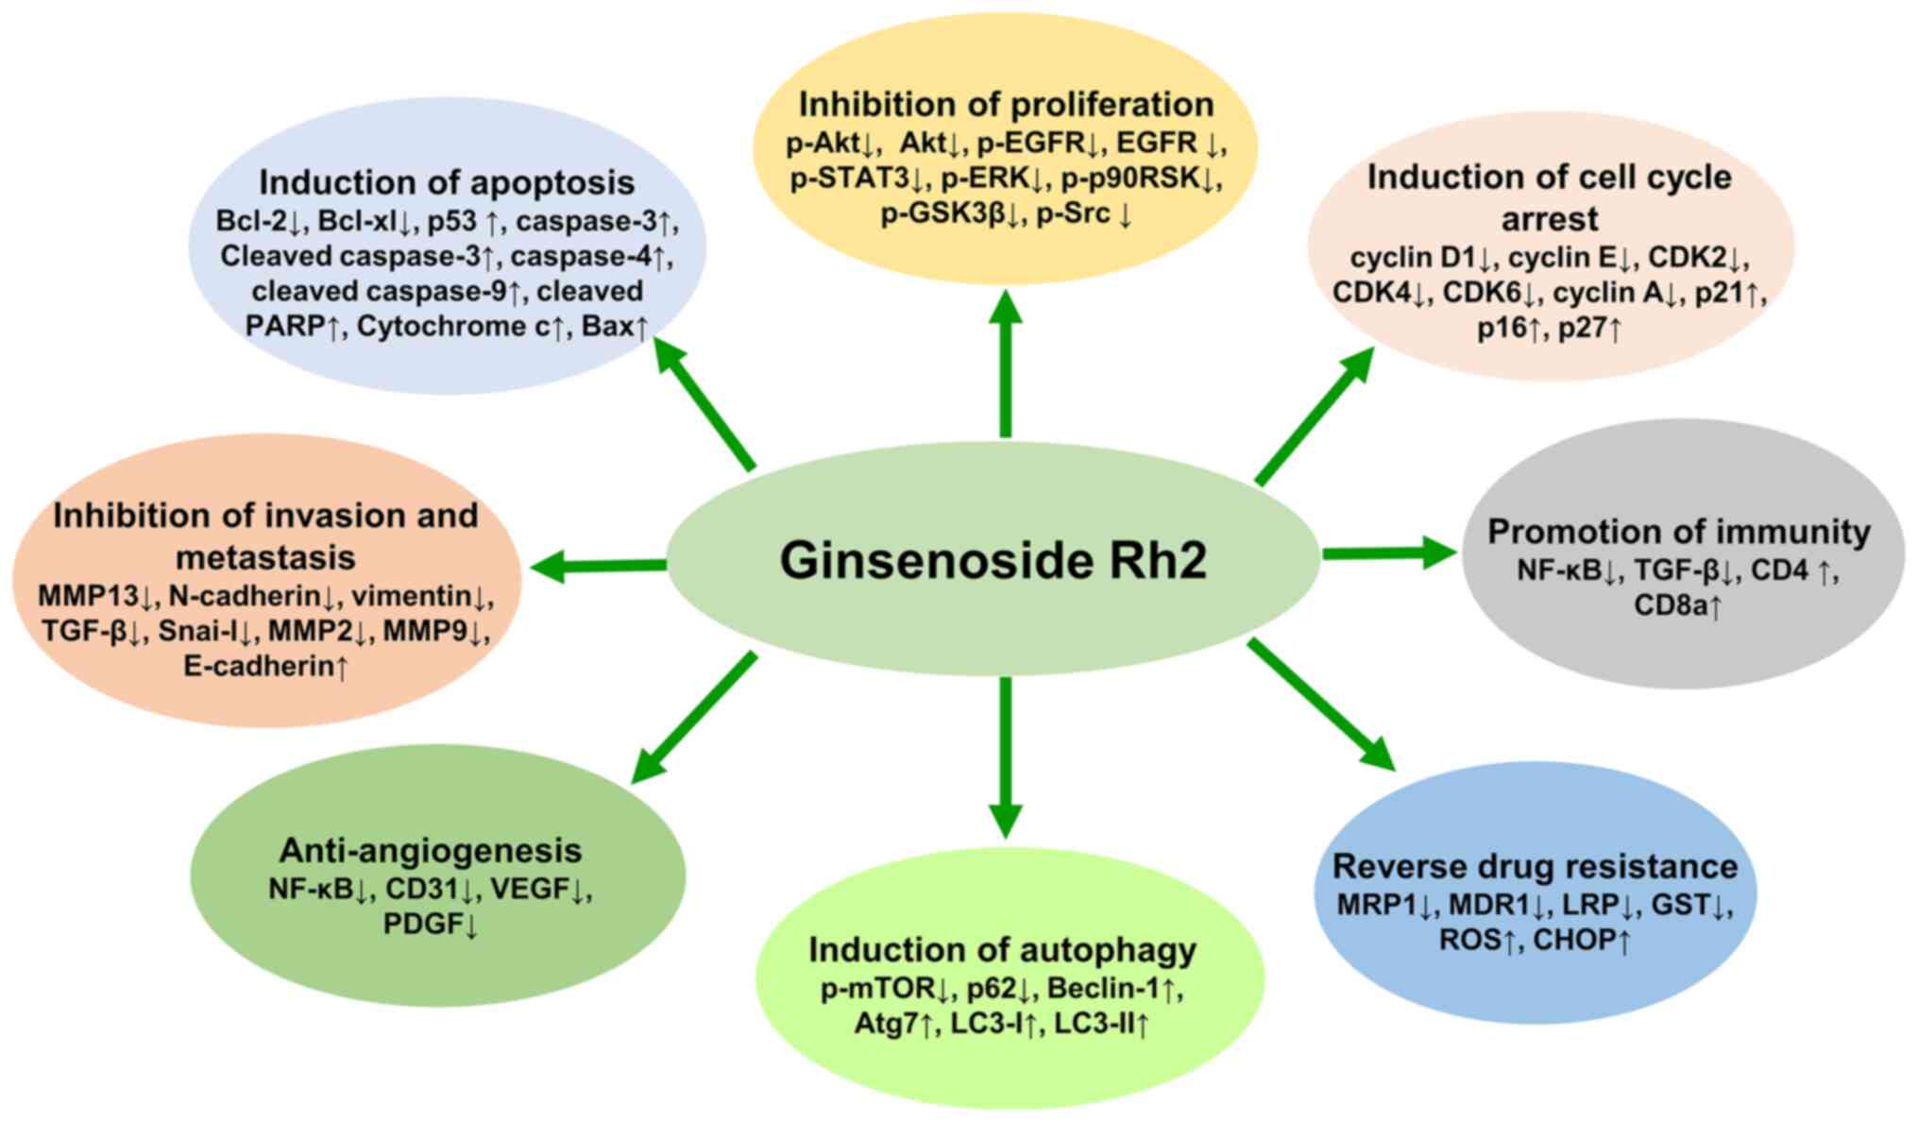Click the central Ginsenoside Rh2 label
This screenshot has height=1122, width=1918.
click(x=993, y=560)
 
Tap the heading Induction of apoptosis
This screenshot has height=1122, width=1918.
click(x=447, y=181)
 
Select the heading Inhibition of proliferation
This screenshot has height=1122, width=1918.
click(x=1006, y=104)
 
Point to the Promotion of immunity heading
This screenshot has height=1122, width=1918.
click(x=1678, y=532)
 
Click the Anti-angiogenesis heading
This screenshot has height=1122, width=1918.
click(x=430, y=850)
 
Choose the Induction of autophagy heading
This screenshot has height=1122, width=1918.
click(x=1002, y=949)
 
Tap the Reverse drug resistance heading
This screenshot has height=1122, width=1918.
click(x=1535, y=866)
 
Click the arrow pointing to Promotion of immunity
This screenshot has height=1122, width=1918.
click(x=1388, y=552)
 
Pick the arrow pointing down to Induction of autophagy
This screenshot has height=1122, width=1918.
click(x=1006, y=756)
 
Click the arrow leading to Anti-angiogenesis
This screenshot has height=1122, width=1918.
click(x=694, y=718)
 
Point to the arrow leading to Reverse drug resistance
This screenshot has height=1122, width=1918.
click(x=1322, y=704)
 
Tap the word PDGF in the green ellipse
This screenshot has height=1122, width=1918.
click(x=422, y=924)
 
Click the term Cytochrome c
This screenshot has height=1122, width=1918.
click(x=453, y=327)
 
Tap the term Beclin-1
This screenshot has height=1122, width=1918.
click(x=1103, y=988)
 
